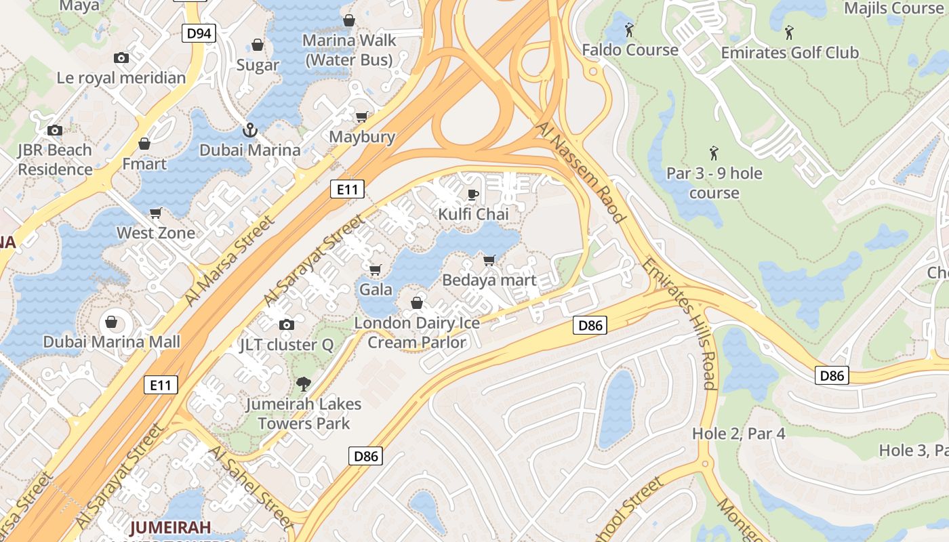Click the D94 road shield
(x=199, y=33)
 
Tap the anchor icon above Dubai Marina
(x=249, y=129)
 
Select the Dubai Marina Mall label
(x=112, y=341)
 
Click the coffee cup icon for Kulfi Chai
(x=473, y=194)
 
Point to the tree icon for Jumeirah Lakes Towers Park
(x=304, y=384)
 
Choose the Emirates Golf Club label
(x=789, y=53)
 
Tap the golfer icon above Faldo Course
(x=629, y=30)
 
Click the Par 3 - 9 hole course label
(x=714, y=183)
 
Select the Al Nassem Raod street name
(x=580, y=172)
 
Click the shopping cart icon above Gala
(x=376, y=270)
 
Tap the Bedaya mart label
(x=489, y=280)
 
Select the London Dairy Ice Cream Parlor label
(x=417, y=332)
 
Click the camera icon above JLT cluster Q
(x=287, y=325)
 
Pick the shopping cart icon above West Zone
(x=156, y=213)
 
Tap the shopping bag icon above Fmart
(x=144, y=144)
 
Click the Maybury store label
(x=362, y=137)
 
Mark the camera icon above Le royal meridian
(x=121, y=58)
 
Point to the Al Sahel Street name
(x=250, y=486)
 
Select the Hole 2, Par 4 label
(x=738, y=434)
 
